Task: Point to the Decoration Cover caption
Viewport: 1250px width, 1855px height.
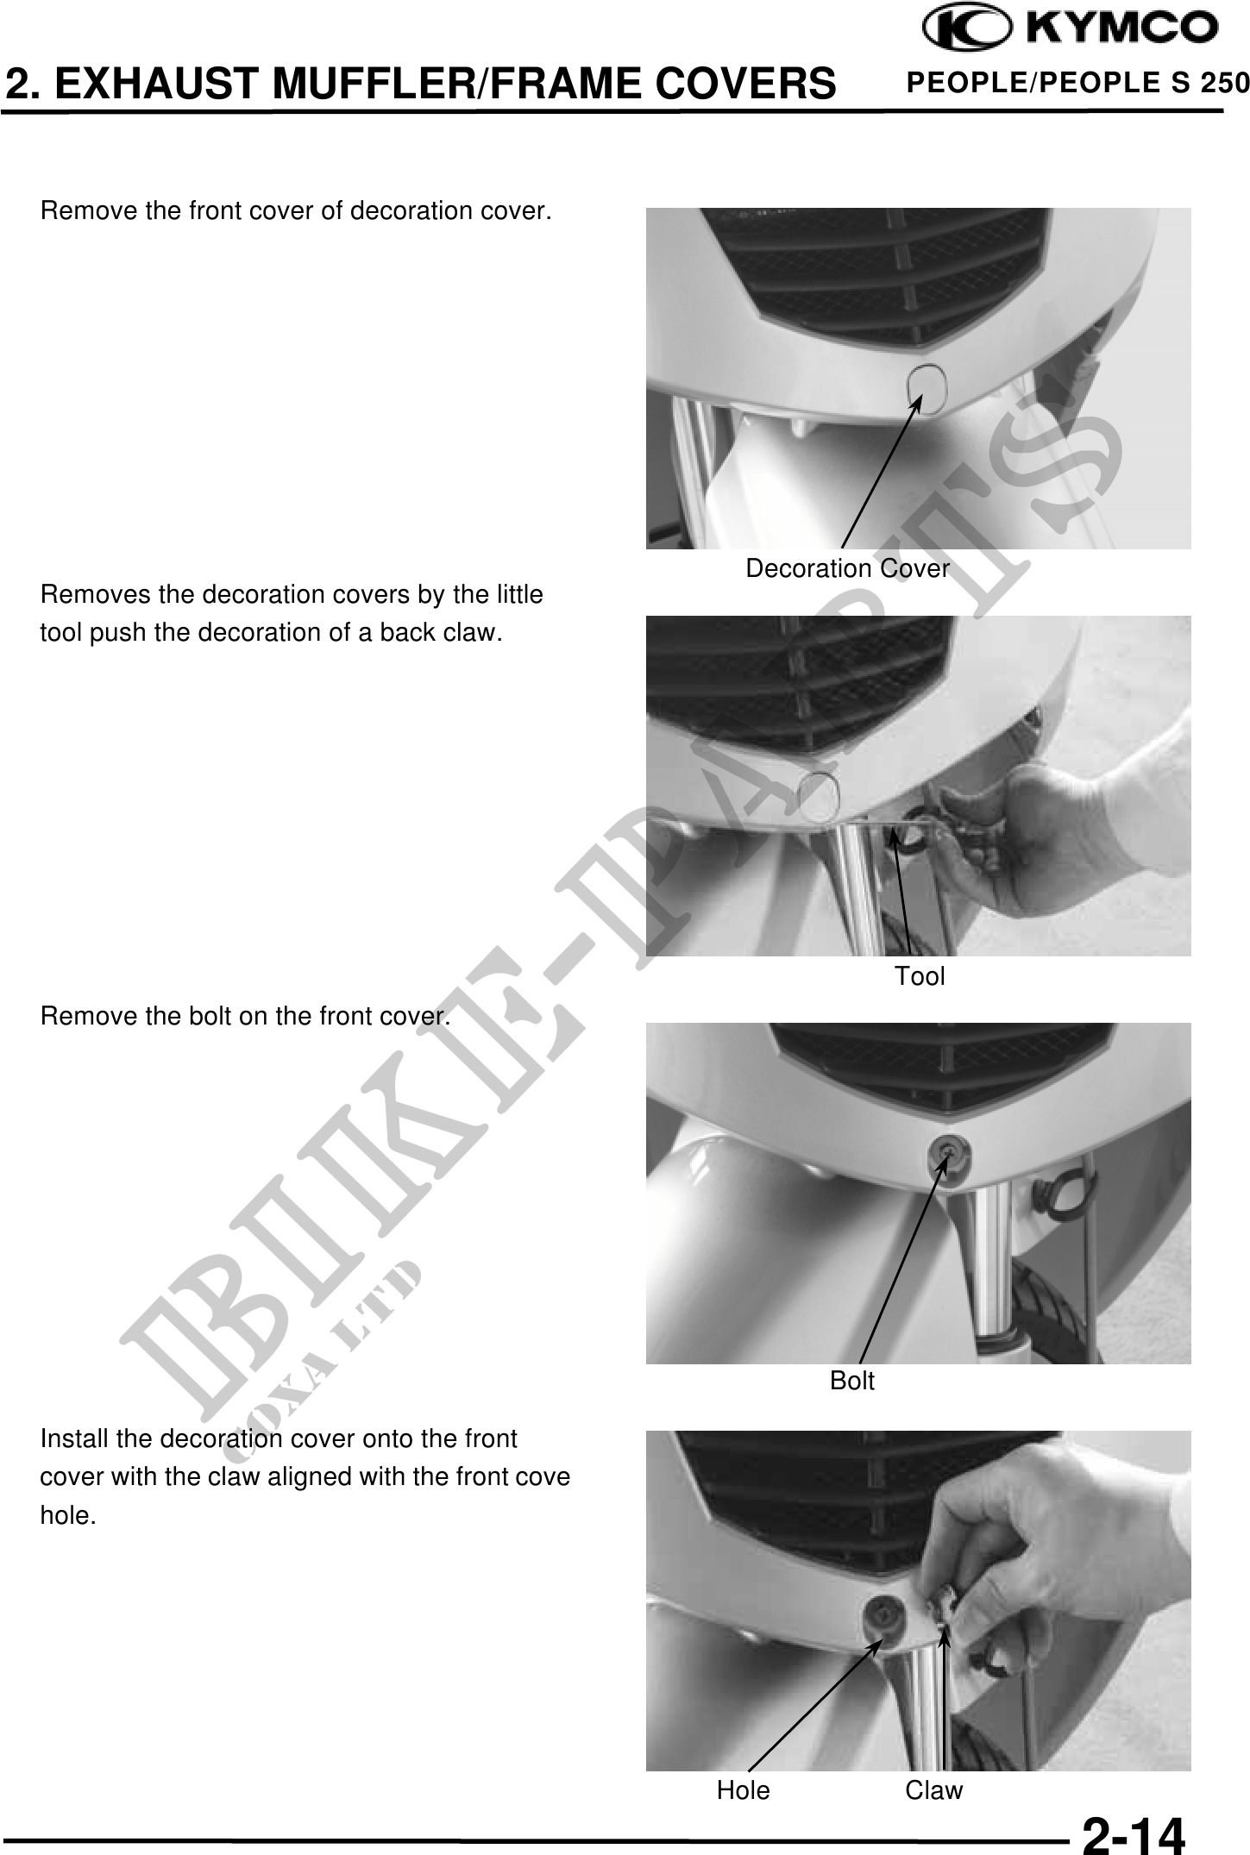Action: [x=847, y=568]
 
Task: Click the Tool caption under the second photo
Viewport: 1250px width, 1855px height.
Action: [x=920, y=976]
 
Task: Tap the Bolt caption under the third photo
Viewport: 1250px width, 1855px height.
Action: [x=852, y=1381]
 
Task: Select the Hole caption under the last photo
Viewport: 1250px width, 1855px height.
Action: [x=744, y=1790]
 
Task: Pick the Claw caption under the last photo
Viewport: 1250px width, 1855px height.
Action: [x=934, y=1790]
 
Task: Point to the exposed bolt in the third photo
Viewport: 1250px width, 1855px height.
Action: [x=947, y=1153]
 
